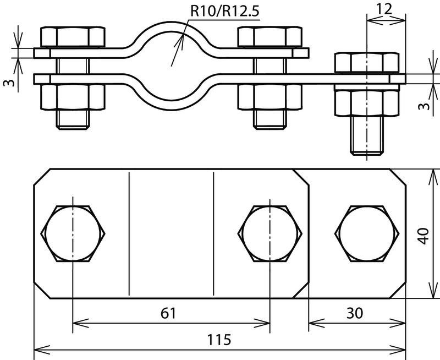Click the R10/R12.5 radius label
[224, 11]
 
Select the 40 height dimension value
[423, 236]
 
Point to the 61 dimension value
[168, 313]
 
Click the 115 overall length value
[219, 340]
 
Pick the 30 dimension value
[354, 313]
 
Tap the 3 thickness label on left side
[9, 83]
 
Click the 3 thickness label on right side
[424, 106]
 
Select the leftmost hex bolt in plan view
[73, 233]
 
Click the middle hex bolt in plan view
[270, 233]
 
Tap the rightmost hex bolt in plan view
[367, 233]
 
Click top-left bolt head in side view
[73, 36]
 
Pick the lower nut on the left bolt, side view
[73, 96]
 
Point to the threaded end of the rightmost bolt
[367, 135]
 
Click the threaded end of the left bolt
[73, 119]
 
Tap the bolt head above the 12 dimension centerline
[367, 62]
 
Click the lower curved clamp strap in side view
[171, 105]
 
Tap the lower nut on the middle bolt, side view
[270, 96]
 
